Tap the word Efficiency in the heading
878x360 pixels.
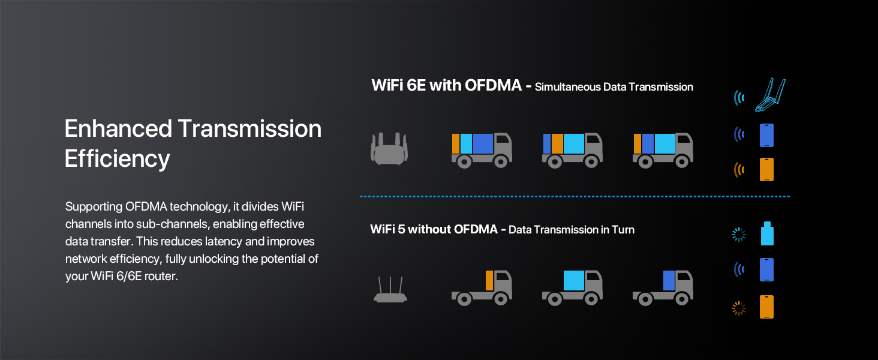[117, 159]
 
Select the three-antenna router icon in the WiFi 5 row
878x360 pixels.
[390, 290]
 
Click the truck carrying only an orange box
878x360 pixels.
[482, 287]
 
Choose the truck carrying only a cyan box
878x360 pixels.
[572, 287]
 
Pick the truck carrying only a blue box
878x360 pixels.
[663, 287]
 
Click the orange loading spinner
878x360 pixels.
[739, 308]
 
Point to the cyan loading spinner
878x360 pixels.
[739, 235]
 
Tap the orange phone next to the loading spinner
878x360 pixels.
[766, 307]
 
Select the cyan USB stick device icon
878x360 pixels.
[767, 233]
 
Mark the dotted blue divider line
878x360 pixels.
[575, 196]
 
